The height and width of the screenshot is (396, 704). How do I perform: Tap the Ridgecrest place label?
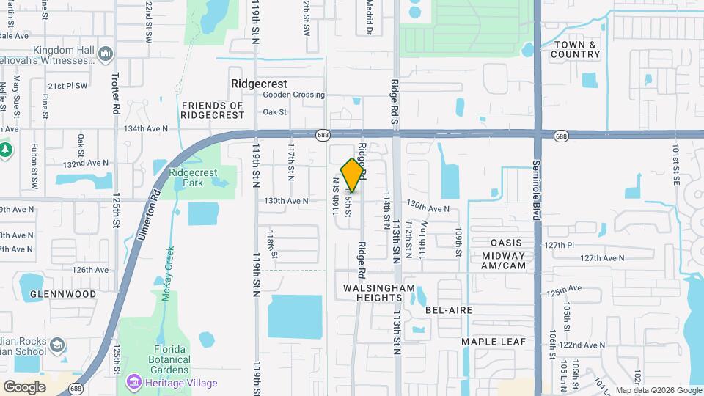259,84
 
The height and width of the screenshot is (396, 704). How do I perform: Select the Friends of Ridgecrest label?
213,111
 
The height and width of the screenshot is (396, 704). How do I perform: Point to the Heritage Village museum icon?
133,383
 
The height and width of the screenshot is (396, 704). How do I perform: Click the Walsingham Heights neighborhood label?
379,293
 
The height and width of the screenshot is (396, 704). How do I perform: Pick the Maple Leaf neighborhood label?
494,342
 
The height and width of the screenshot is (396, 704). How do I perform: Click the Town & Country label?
575,50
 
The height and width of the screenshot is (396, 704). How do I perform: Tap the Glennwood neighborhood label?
63,294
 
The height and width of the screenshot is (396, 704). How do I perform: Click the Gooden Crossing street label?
293,95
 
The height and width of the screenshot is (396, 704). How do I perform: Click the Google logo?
24,386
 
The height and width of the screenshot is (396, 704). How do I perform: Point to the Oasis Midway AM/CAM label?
505,254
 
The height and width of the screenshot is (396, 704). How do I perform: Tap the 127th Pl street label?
558,245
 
